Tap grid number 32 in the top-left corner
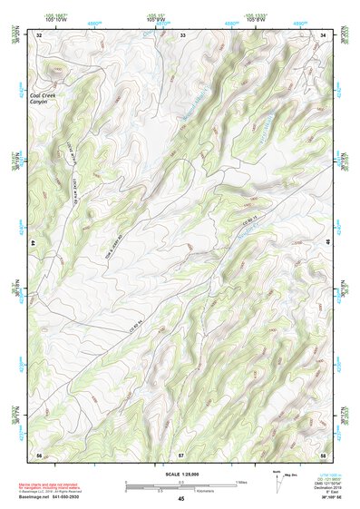39,34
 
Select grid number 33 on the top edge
182,34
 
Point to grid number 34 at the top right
323,34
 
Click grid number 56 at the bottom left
39,453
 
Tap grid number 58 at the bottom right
323,453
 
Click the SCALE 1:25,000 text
180,474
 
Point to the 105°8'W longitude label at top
257,19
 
